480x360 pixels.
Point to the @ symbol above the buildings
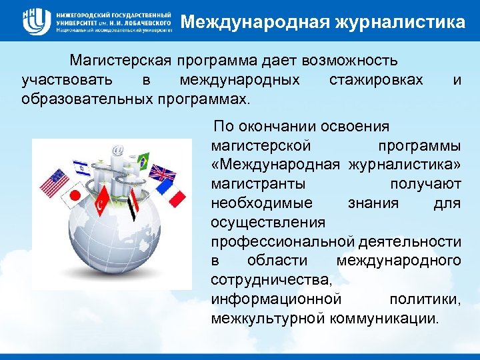tap(119, 151)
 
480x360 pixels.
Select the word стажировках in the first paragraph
tap(376, 80)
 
